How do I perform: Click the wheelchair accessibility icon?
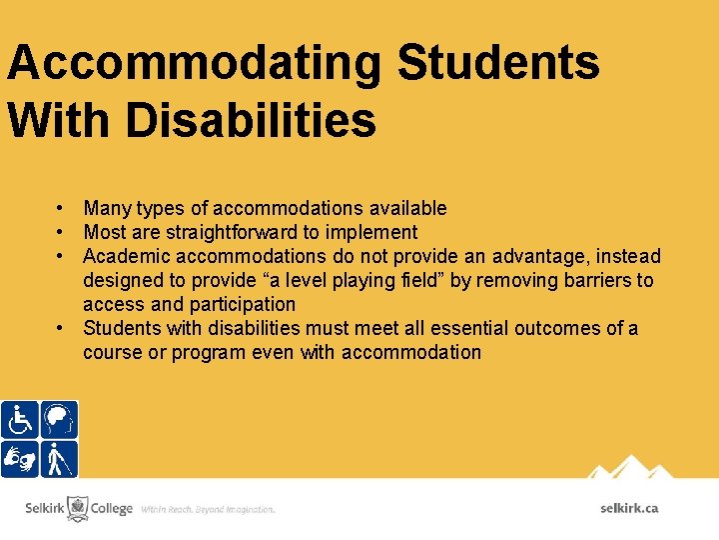click(19, 420)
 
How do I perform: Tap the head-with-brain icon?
click(59, 420)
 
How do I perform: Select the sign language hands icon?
click(19, 459)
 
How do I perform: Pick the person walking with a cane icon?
click(59, 459)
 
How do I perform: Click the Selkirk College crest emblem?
click(78, 508)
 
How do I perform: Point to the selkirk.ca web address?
click(629, 508)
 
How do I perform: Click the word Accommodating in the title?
click(194, 63)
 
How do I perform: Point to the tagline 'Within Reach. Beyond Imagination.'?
click(208, 509)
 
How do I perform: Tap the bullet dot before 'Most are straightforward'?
click(61, 232)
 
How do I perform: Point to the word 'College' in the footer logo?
click(112, 508)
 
